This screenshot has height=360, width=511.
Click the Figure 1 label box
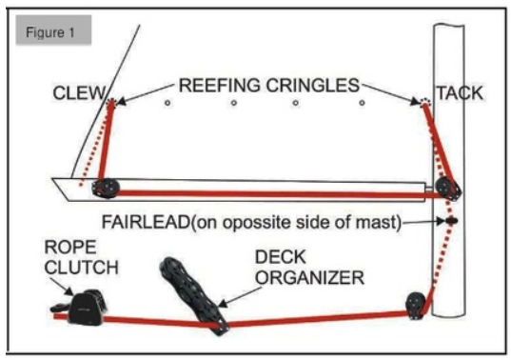53,30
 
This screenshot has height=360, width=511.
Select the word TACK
460,93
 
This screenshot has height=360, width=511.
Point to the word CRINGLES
313,86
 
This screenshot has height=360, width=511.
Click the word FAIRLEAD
146,222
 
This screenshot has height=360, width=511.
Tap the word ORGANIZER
309,278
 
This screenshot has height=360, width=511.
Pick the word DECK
281,257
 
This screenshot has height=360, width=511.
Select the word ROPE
70,248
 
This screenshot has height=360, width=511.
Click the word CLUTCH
82,268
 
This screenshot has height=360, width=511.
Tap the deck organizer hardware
194,296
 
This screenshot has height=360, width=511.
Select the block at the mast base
416,306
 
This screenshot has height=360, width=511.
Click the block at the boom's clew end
106,188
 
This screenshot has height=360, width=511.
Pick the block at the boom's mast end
449,189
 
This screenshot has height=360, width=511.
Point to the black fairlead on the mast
452,221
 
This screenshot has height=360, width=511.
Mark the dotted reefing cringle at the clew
111,103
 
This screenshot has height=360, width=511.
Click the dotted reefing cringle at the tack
425,103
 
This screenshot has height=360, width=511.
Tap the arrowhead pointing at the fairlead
441,221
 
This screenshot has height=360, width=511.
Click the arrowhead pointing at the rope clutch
69,291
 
